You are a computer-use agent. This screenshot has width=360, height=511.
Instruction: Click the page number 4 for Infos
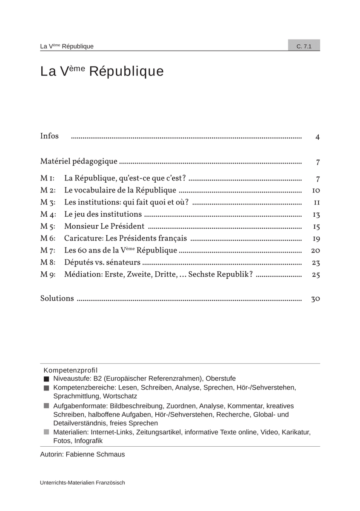tap(317, 137)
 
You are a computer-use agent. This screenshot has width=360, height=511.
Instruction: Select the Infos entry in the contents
tap(49, 136)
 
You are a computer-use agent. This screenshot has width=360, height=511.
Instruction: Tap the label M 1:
tap(47, 178)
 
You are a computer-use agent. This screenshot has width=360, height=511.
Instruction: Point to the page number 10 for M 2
tap(316, 190)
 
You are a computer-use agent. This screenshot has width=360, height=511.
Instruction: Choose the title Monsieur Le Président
tap(104, 226)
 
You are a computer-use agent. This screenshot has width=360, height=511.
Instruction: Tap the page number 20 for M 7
tap(316, 250)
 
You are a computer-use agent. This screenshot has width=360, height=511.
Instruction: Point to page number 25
tap(316, 275)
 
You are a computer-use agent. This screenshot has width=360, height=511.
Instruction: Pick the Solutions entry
tap(57, 299)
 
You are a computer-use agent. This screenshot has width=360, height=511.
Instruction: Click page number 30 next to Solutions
tap(315, 299)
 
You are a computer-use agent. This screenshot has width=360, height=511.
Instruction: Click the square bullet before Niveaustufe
tap(46, 379)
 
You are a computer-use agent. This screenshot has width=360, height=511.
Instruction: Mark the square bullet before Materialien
tap(46, 432)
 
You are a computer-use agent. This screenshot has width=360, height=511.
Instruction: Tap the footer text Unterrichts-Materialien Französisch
tap(83, 482)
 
